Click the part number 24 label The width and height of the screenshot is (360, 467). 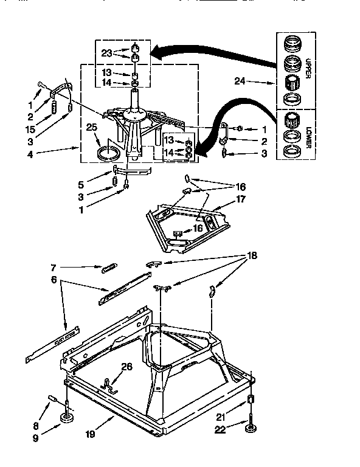tap(240, 80)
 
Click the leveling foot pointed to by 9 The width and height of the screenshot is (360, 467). tap(67, 419)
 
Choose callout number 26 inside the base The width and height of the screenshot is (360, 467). tap(126, 366)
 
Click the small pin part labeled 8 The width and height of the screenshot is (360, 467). tap(52, 400)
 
